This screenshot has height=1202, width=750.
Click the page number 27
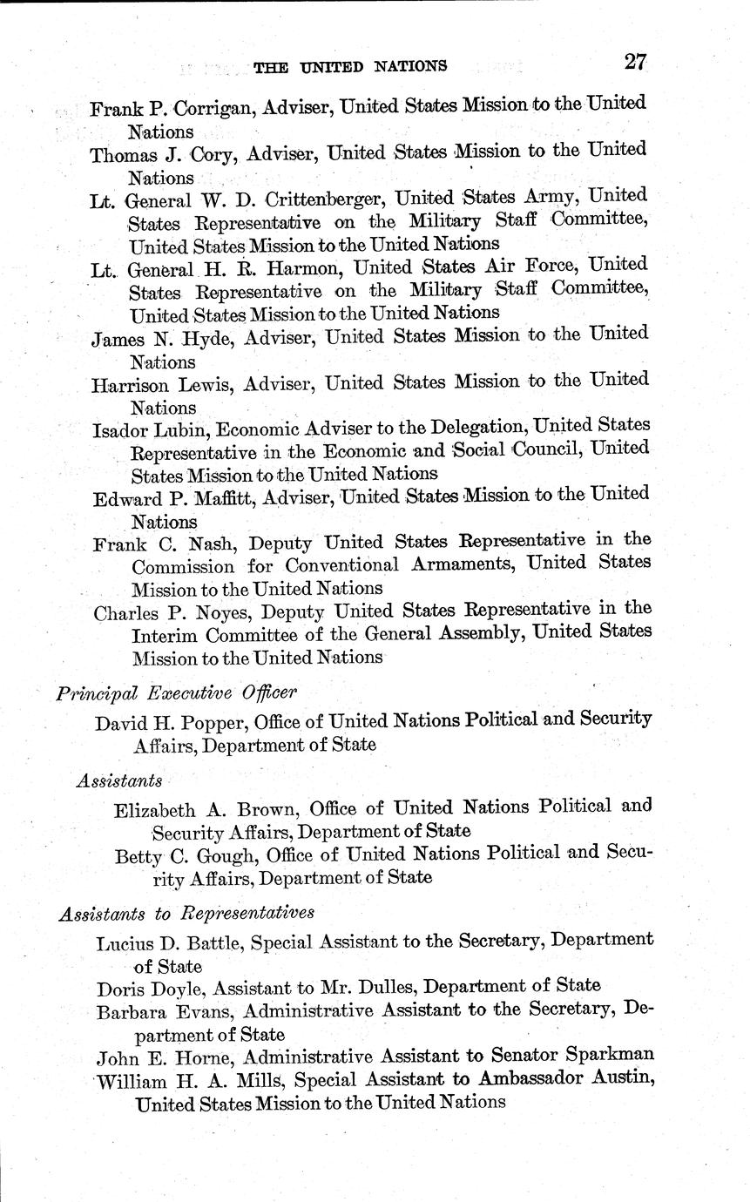(635, 62)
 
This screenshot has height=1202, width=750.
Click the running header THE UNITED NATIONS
(350, 65)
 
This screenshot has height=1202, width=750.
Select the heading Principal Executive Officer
(177, 693)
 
